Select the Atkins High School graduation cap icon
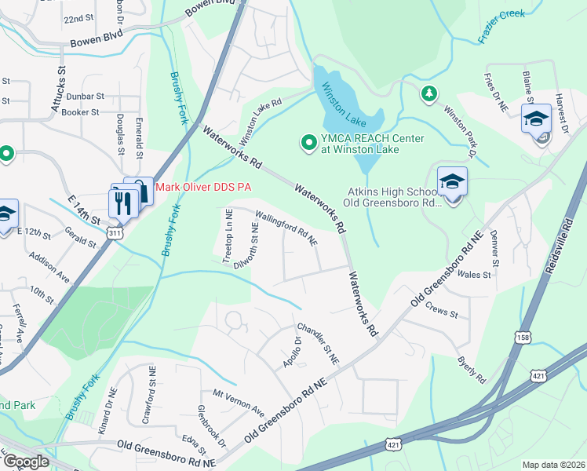pyautogui.click(x=452, y=182)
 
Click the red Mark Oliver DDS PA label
pyautogui.click(x=203, y=188)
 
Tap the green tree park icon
pyautogui.click(x=428, y=94)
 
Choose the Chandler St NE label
pyautogui.click(x=317, y=343)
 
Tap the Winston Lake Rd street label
pyautogui.click(x=260, y=123)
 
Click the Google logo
pyautogui.click(x=25, y=462)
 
